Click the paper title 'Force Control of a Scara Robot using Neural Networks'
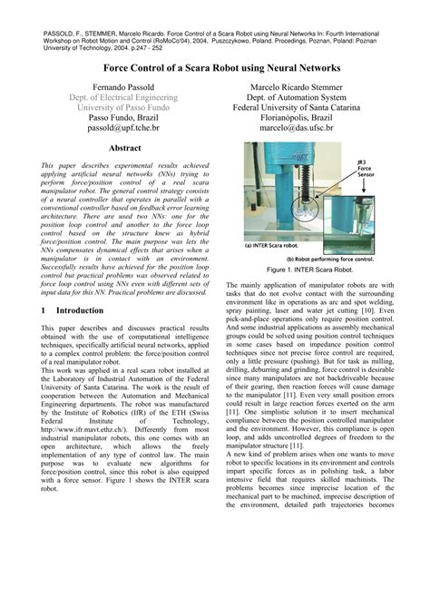(x=214, y=68)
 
